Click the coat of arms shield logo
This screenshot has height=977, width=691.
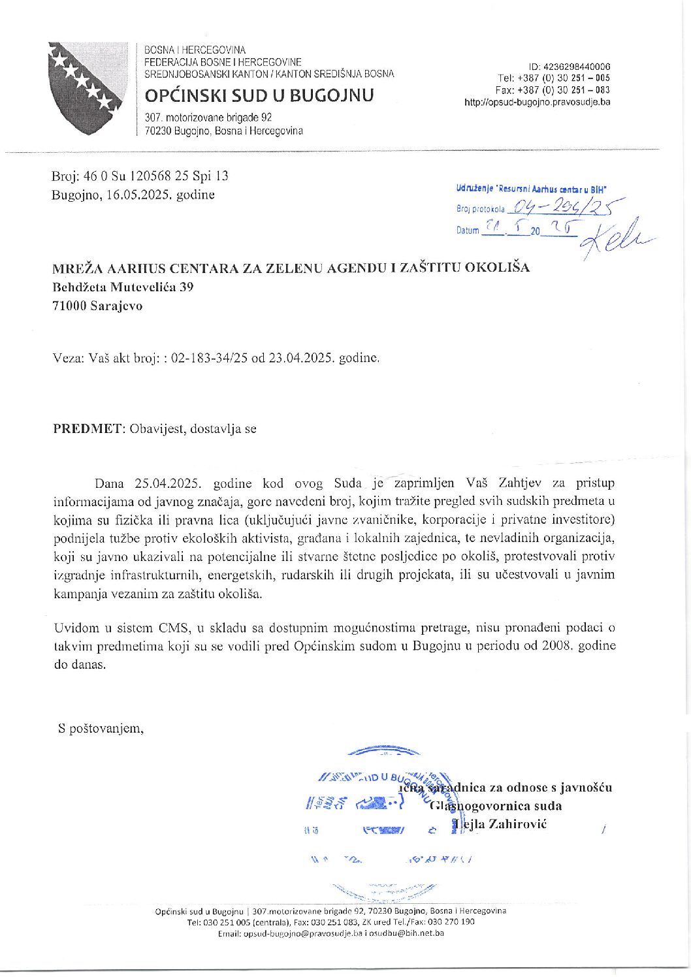pyautogui.click(x=86, y=88)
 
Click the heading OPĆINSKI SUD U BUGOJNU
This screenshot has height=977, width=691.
pyautogui.click(x=259, y=95)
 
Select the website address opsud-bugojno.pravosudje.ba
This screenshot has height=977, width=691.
pyautogui.click(x=537, y=102)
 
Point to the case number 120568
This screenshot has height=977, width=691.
pyautogui.click(x=150, y=176)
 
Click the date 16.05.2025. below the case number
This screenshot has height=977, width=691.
pyautogui.click(x=137, y=195)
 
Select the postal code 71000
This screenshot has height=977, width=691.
pyautogui.click(x=70, y=306)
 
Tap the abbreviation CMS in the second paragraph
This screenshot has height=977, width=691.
pyautogui.click(x=174, y=628)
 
